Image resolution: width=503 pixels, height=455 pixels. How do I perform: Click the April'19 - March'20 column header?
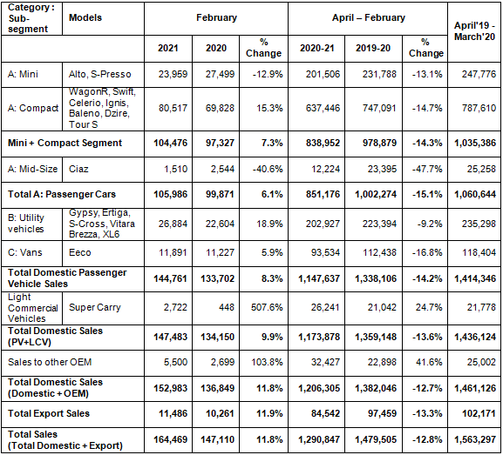pyautogui.click(x=474, y=31)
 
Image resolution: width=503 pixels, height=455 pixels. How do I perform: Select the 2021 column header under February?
pyautogui.click(x=167, y=48)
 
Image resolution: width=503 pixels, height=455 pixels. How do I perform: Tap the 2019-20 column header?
pyautogui.click(x=373, y=48)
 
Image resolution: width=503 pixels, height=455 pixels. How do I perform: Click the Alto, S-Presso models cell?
pyautogui.click(x=99, y=74)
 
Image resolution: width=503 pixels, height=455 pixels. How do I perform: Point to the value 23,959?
pyautogui.click(x=173, y=74)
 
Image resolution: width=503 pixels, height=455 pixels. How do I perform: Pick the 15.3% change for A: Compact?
pyautogui.click(x=269, y=108)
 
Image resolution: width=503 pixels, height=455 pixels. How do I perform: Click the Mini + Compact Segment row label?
pyautogui.click(x=65, y=143)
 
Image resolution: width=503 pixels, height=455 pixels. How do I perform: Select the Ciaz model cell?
pyautogui.click(x=78, y=169)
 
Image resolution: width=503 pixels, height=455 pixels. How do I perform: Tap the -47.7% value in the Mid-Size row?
pyautogui.click(x=427, y=169)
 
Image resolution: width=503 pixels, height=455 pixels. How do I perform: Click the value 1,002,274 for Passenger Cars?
pyautogui.click(x=376, y=194)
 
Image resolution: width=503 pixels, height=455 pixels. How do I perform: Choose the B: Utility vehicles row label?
pyautogui.click(x=26, y=224)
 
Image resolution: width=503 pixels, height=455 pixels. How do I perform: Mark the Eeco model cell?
pyautogui.click(x=80, y=252)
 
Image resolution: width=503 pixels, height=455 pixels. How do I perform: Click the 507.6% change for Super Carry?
pyautogui.click(x=267, y=307)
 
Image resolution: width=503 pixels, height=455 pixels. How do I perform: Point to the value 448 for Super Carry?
pyautogui.click(x=227, y=307)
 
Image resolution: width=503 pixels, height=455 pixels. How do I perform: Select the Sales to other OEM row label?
pyautogui.click(x=50, y=362)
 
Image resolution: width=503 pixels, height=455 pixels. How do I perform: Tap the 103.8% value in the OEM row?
pyautogui.click(x=267, y=362)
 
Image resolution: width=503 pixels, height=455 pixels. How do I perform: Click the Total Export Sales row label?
pyautogui.click(x=49, y=413)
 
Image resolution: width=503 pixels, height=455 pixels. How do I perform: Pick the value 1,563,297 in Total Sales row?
pyautogui.click(x=475, y=439)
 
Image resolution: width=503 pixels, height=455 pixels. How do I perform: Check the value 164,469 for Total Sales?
pyautogui.click(x=170, y=439)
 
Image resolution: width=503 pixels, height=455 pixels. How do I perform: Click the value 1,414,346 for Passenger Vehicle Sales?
pyautogui.click(x=475, y=278)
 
